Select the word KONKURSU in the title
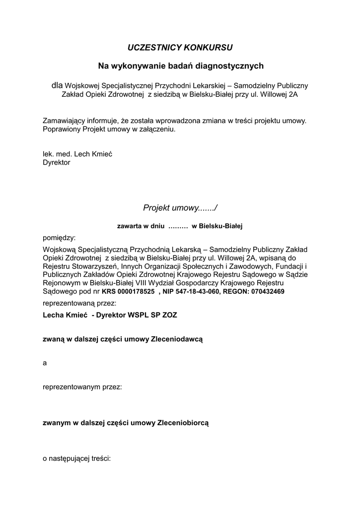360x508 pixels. [208, 48]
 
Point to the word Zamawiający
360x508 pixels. [65, 121]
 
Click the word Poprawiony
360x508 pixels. [62, 129]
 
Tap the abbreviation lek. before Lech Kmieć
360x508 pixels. [49, 154]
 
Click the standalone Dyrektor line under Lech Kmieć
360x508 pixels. [57, 162]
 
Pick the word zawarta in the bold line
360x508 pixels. [129, 226]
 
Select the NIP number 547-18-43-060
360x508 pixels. [193, 291]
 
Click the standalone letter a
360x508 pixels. [45, 363]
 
